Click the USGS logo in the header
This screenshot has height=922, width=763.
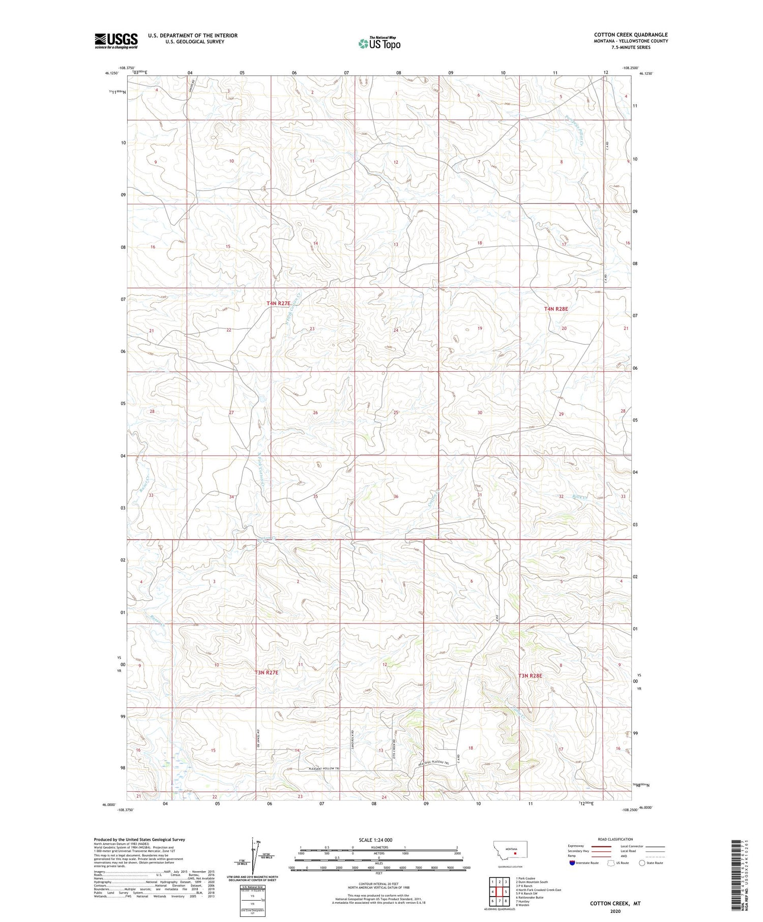tap(116, 41)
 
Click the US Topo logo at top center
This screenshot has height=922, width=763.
tap(379, 44)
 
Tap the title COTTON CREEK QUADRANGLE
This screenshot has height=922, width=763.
tap(631, 35)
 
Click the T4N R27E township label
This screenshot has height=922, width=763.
tap(278, 304)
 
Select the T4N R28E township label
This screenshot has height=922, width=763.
tap(555, 309)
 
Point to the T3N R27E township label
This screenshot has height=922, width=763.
tap(267, 672)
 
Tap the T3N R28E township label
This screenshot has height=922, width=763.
tap(530, 676)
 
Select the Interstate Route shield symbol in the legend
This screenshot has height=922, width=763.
tap(572, 863)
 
